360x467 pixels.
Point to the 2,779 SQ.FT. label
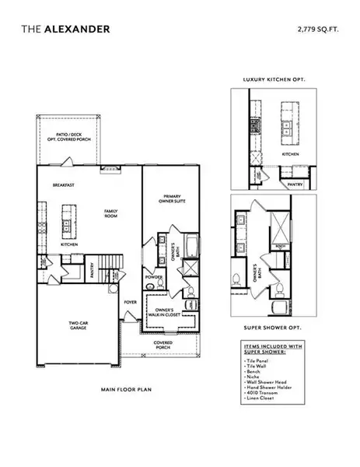click(x=318, y=29)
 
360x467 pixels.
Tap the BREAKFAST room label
click(x=63, y=185)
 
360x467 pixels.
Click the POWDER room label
click(x=153, y=276)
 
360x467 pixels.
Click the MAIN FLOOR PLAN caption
click(x=122, y=388)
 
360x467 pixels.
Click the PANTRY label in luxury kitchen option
click(x=295, y=184)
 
